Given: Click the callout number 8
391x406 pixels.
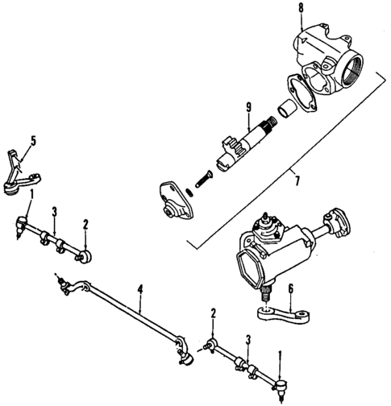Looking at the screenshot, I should tap(301, 10).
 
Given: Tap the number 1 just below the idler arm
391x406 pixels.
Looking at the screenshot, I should tap(31, 194).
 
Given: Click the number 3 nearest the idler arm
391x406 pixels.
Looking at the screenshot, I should tap(55, 212).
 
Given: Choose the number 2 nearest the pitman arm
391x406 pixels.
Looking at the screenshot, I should tap(213, 313).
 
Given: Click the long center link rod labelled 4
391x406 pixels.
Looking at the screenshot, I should tap(129, 310).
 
